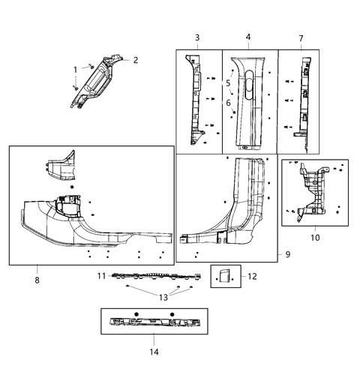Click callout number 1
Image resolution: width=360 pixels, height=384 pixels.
pos(75,70)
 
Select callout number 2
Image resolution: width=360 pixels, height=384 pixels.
pos(136,59)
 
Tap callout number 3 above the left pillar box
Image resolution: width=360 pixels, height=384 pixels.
pos(196,37)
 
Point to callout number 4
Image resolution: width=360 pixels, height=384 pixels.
pos(248,37)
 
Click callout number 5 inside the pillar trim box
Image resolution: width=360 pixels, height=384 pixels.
pos(228,82)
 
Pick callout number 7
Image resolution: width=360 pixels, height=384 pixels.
pos(301,37)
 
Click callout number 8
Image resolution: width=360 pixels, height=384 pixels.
pos(37,280)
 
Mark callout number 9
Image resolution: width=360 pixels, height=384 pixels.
pos(287,256)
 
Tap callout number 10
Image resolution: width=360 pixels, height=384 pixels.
pos(315,238)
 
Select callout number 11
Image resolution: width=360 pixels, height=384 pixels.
pos(101,276)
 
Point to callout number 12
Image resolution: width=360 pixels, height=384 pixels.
pos(252,277)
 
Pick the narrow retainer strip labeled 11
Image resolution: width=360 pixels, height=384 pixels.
pos(150,277)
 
